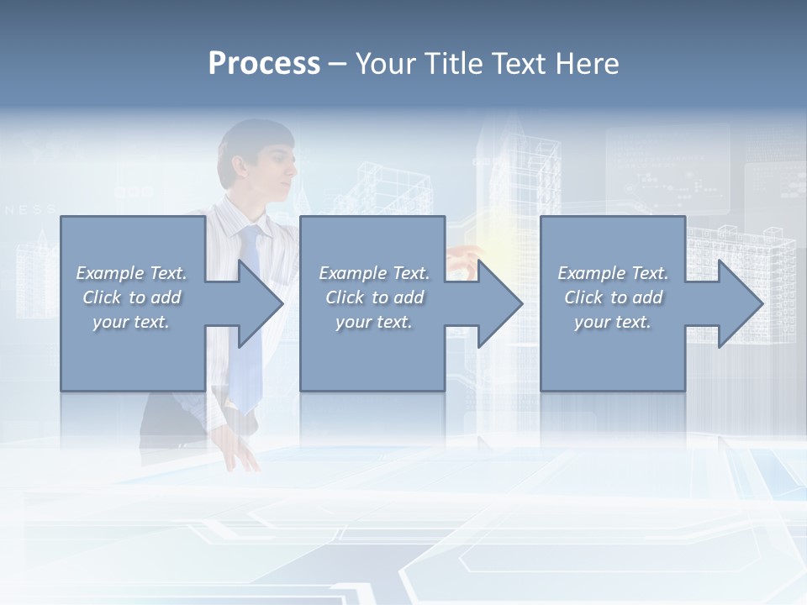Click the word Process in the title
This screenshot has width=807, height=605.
click(x=264, y=64)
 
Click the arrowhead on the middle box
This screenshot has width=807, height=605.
click(x=498, y=303)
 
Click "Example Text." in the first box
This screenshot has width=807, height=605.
click(x=131, y=273)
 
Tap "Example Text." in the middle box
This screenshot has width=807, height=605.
click(x=374, y=273)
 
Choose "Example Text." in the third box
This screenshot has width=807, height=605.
click(x=613, y=273)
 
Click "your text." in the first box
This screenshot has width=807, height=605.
click(x=131, y=322)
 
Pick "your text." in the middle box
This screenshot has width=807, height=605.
click(x=374, y=322)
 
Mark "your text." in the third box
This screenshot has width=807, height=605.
click(x=613, y=322)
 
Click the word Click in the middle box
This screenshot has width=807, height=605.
click(x=345, y=297)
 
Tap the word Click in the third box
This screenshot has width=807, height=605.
click(x=583, y=297)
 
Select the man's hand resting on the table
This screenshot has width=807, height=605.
click(x=241, y=455)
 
